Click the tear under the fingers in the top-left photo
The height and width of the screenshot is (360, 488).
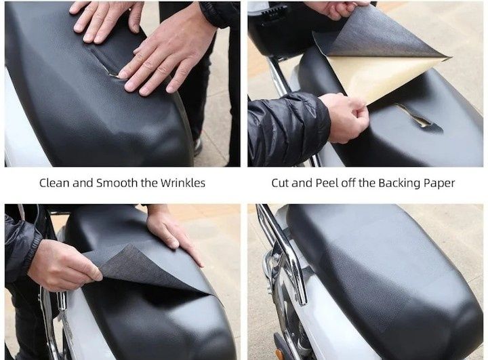point(113,75)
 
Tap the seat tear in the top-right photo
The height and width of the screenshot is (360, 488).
point(419,117)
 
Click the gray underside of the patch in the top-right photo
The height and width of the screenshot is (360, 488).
point(373,35)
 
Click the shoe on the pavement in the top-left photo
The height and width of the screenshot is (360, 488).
point(198,146)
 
